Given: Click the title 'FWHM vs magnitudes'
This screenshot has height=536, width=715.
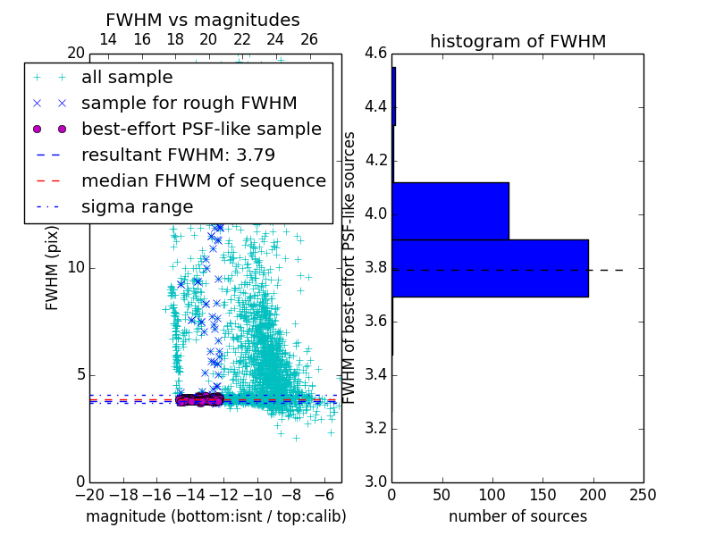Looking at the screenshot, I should point(203,20).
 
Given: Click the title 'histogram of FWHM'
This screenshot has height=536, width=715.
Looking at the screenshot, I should point(517,41).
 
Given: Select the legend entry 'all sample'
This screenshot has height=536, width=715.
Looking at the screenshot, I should point(127,78).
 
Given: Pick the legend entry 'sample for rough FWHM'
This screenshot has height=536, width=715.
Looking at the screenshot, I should point(189,104).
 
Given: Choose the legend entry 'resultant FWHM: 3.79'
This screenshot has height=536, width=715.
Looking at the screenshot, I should point(178,155).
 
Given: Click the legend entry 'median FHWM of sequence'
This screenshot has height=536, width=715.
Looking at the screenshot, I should point(203,180).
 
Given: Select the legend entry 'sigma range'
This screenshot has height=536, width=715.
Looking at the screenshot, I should point(137,206).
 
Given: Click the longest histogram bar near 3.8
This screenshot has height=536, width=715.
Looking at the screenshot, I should point(490,268).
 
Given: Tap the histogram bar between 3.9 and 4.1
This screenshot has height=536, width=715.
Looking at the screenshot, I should point(450,211).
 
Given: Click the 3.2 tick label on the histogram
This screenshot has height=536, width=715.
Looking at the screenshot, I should point(374,428).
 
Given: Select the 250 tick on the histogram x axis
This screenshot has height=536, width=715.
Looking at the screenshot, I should point(643,493).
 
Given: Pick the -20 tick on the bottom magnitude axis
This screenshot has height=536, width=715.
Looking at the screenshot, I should point(89,493).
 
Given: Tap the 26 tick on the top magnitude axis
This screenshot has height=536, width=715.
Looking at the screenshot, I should point(309,40).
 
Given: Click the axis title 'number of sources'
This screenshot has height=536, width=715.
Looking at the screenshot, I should point(517,516).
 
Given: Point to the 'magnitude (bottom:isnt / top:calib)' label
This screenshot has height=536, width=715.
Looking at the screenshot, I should point(215,516).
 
